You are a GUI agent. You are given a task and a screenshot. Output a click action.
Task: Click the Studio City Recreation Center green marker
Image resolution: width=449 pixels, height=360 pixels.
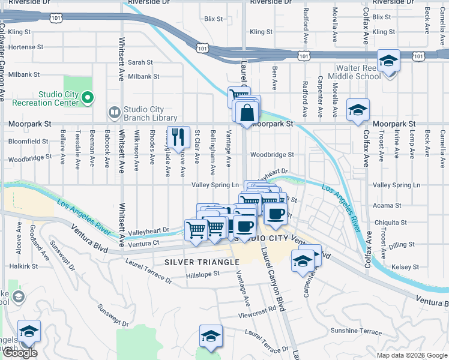(x=88, y=97)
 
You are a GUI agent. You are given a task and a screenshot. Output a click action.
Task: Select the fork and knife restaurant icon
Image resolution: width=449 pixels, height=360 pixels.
(x=176, y=137)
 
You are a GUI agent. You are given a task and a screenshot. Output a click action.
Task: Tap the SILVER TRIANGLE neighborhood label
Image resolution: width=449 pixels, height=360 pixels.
(x=202, y=262)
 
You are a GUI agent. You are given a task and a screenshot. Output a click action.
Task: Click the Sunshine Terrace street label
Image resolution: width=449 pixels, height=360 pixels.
(x=355, y=331)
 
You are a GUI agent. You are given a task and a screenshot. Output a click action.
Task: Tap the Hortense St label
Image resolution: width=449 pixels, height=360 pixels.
(x=26, y=46)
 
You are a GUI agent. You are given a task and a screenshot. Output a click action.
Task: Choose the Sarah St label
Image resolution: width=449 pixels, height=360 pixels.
(x=140, y=62)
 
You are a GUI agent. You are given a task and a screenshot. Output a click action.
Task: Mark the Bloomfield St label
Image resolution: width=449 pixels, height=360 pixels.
(x=28, y=142)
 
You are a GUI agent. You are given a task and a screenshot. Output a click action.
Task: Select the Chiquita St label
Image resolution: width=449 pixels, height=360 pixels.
(x=390, y=222)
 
